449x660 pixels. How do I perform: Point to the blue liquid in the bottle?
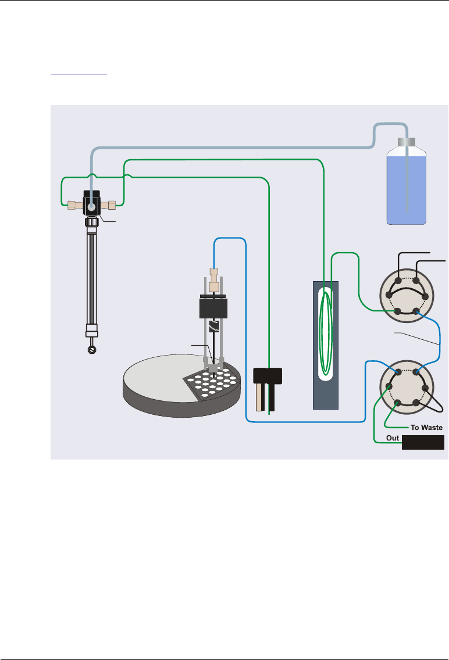(x=407, y=186)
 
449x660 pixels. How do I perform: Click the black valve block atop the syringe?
(x=92, y=203)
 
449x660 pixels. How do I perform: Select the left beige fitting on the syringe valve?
(x=74, y=205)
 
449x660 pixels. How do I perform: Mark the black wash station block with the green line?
(x=268, y=376)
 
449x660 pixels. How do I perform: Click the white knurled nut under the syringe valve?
(x=91, y=221)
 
